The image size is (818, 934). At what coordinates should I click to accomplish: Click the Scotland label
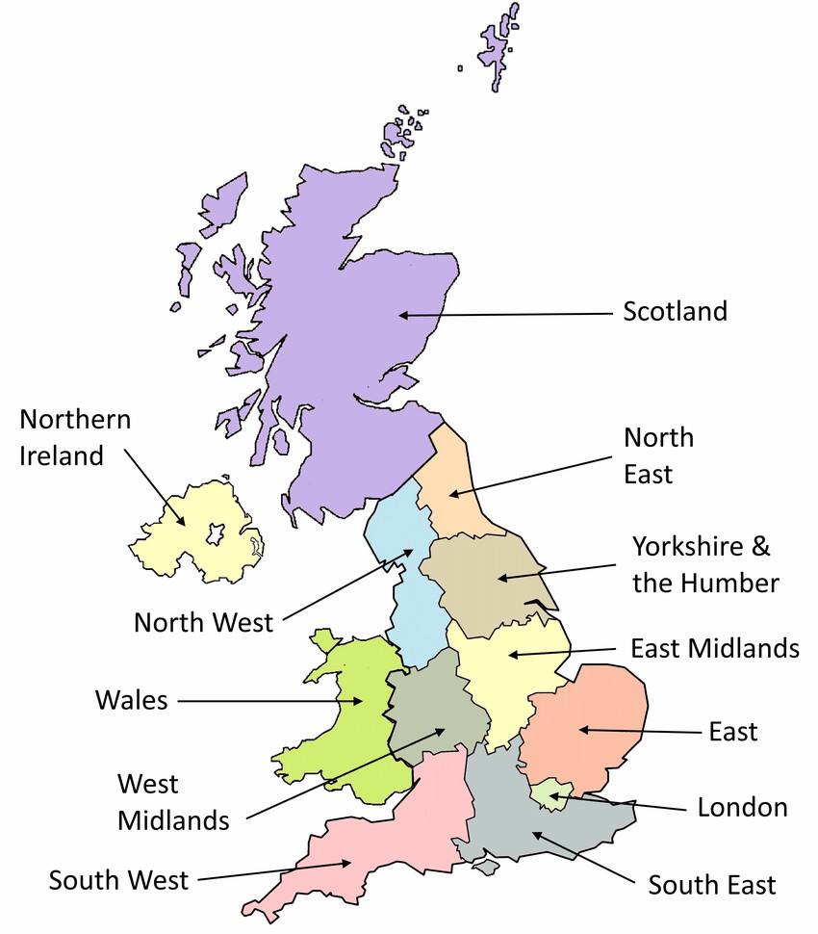pos(675,312)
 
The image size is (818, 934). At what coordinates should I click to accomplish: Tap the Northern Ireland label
pos(75,437)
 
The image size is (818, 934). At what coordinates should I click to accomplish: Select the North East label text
pos(658,454)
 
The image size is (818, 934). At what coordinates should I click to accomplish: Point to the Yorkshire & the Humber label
pos(705,564)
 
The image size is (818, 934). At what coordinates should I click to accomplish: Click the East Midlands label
pos(714,648)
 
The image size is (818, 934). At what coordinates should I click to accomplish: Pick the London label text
pos(742,807)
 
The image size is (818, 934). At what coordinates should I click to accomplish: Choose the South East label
pos(711,884)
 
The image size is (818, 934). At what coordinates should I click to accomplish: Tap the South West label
pos(118,880)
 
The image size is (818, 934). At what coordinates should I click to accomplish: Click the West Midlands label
pos(173,802)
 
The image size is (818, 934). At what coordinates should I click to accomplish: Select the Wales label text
pos(131,700)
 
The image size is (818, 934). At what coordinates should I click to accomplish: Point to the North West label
pos(203,622)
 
